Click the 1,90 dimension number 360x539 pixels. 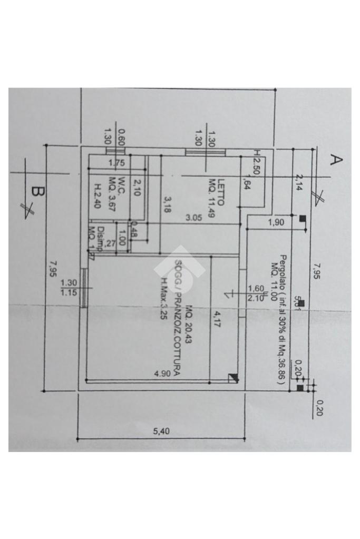click(x=276, y=222)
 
